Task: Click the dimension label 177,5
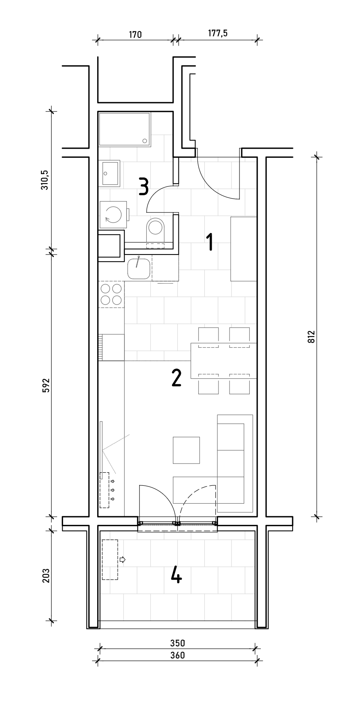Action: click(x=218, y=33)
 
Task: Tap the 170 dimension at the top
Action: click(x=135, y=34)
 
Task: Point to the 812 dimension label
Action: click(x=311, y=337)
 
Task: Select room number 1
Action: click(x=210, y=242)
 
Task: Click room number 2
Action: click(x=176, y=378)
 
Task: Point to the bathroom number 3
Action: click(x=144, y=186)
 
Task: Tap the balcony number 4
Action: click(x=176, y=575)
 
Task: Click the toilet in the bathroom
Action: click(x=155, y=232)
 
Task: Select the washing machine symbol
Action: click(x=114, y=215)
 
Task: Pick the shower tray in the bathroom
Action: click(x=125, y=129)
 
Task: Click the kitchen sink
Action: click(x=139, y=268)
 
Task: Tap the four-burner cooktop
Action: click(x=111, y=295)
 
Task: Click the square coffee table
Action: click(x=186, y=450)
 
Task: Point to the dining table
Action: click(x=224, y=360)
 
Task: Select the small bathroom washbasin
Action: click(x=109, y=173)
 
